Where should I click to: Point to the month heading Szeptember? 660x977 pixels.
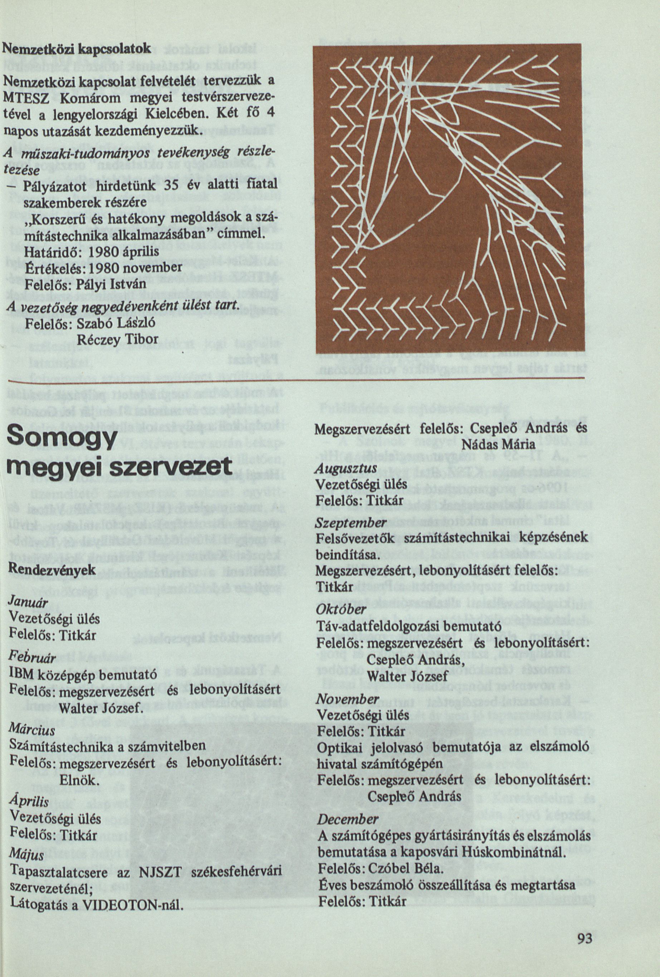click(351, 523)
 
